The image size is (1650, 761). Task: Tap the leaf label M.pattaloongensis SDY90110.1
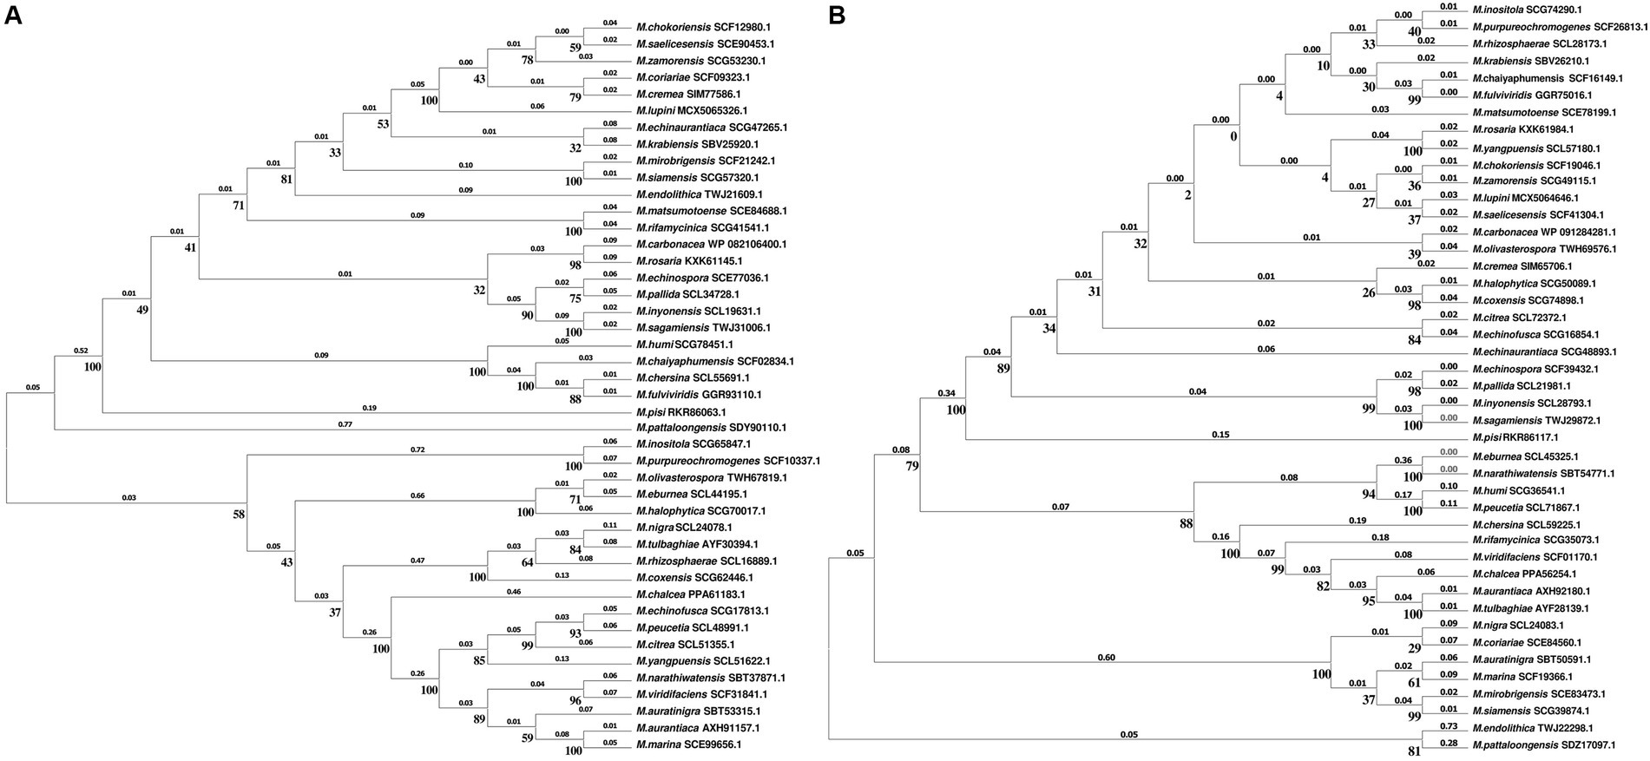point(711,428)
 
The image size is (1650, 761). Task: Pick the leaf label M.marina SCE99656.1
point(688,745)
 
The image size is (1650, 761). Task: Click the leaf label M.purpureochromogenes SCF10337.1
point(727,461)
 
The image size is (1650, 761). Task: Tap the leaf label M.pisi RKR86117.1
point(1515,437)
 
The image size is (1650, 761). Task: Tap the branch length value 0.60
point(1106,657)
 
